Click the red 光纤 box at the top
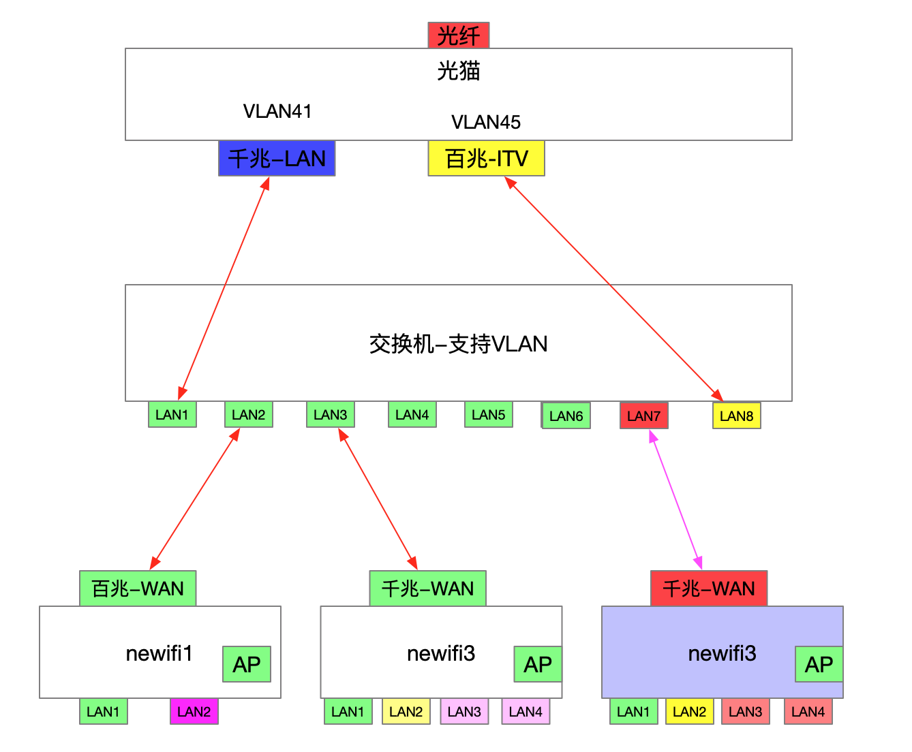point(458,35)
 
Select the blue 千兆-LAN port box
point(277,159)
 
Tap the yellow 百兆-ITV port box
point(486,159)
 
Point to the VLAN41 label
point(277,111)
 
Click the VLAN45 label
point(486,122)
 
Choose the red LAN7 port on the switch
point(643,416)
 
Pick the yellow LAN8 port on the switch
point(736,416)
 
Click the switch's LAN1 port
point(172,414)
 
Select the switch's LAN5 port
point(488,414)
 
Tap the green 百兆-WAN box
point(138,589)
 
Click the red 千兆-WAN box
point(709,589)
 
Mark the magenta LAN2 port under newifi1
point(194,712)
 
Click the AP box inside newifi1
point(247,664)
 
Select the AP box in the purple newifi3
point(819,664)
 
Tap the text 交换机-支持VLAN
point(458,343)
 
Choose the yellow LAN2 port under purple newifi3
point(689,712)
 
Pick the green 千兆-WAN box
point(427,589)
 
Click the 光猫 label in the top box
point(458,70)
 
